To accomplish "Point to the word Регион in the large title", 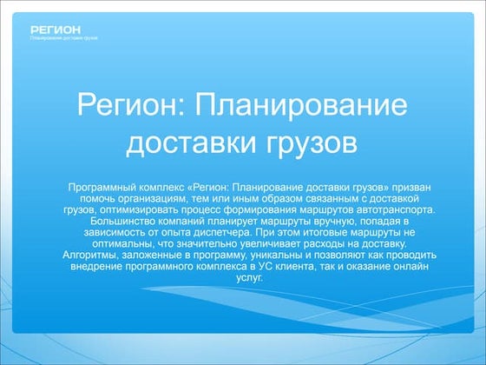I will click(128, 107).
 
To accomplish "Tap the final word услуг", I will click(244, 278).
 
